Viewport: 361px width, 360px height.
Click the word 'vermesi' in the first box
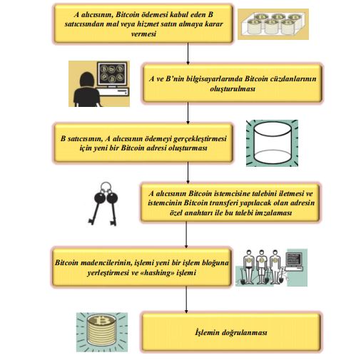tap(143, 34)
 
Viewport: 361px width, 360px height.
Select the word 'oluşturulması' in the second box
tap(233, 88)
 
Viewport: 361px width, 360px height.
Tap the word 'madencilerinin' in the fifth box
tap(106, 262)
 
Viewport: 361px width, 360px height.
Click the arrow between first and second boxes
tap(188, 53)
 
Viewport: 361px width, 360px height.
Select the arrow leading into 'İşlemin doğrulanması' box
tap(186, 300)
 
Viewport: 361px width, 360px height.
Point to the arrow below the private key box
tap(186, 235)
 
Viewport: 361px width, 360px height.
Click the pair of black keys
tap(103, 204)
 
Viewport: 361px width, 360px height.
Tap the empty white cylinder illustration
tap(272, 143)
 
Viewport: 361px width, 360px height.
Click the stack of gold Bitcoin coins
tap(101, 331)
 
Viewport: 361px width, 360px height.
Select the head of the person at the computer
tap(87, 79)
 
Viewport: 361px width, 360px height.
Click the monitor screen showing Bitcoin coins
tap(112, 73)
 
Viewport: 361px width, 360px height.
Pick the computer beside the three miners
tap(294, 261)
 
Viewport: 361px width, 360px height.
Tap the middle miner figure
tap(262, 266)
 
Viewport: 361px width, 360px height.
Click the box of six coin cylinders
tap(273, 24)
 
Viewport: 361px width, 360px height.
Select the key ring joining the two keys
tap(106, 187)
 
